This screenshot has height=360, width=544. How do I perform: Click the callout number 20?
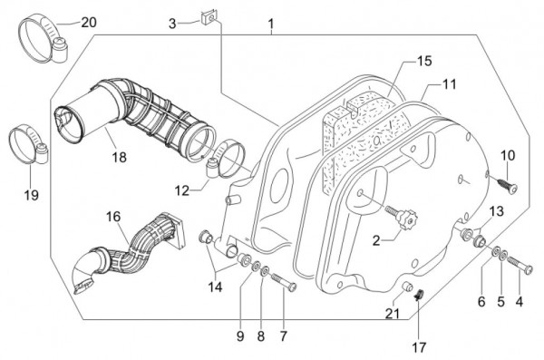point(87,20)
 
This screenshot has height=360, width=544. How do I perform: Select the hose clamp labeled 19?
point(28,144)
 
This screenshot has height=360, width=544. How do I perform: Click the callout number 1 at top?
point(269,20)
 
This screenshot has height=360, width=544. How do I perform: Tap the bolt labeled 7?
point(284,284)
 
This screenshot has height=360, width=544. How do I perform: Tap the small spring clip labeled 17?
point(421,294)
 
